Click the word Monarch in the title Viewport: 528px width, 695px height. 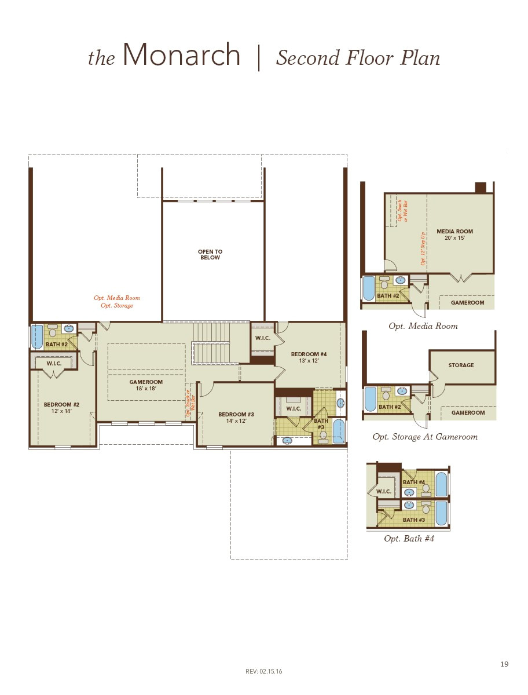(181, 56)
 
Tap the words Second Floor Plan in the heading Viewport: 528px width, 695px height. (358, 58)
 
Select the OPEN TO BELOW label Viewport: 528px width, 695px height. (210, 255)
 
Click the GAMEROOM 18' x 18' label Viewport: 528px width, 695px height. (146, 385)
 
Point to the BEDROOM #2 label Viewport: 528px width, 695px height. (61, 408)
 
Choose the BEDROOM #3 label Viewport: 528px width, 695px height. (236, 418)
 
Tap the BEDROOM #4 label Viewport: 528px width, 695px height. (309, 357)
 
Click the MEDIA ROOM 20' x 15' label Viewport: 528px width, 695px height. (454, 235)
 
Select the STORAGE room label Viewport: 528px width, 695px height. (461, 365)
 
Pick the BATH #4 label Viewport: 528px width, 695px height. (414, 482)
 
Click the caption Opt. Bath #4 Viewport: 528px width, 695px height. (409, 539)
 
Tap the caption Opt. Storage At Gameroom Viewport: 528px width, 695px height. (425, 437)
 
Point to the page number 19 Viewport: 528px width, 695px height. (504, 664)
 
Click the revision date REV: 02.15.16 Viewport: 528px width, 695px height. (264, 671)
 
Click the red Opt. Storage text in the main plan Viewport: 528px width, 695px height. (117, 306)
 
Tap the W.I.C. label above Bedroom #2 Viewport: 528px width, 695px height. (54, 364)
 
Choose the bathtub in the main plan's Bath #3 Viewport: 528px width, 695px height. (339, 431)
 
